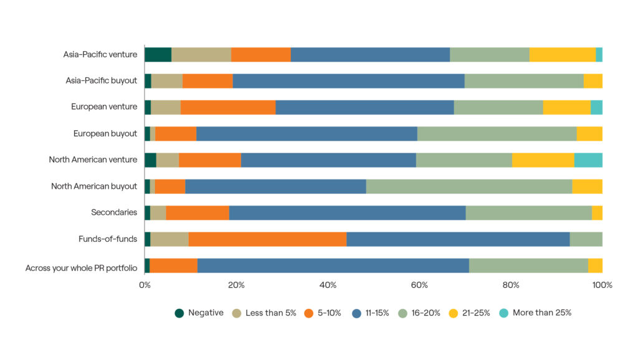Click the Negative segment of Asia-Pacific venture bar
158,54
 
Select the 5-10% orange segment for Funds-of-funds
267,239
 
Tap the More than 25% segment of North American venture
588,160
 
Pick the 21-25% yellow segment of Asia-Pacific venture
562,54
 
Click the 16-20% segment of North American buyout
469,186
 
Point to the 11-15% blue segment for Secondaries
347,212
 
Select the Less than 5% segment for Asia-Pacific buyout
167,81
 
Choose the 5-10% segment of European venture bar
227,107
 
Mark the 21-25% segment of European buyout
589,133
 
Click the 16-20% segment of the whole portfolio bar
528,265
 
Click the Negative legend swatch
179,313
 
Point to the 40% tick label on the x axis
328,285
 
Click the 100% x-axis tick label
602,285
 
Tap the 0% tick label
145,285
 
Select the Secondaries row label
114,212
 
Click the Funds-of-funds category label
108,239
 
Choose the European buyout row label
105,133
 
